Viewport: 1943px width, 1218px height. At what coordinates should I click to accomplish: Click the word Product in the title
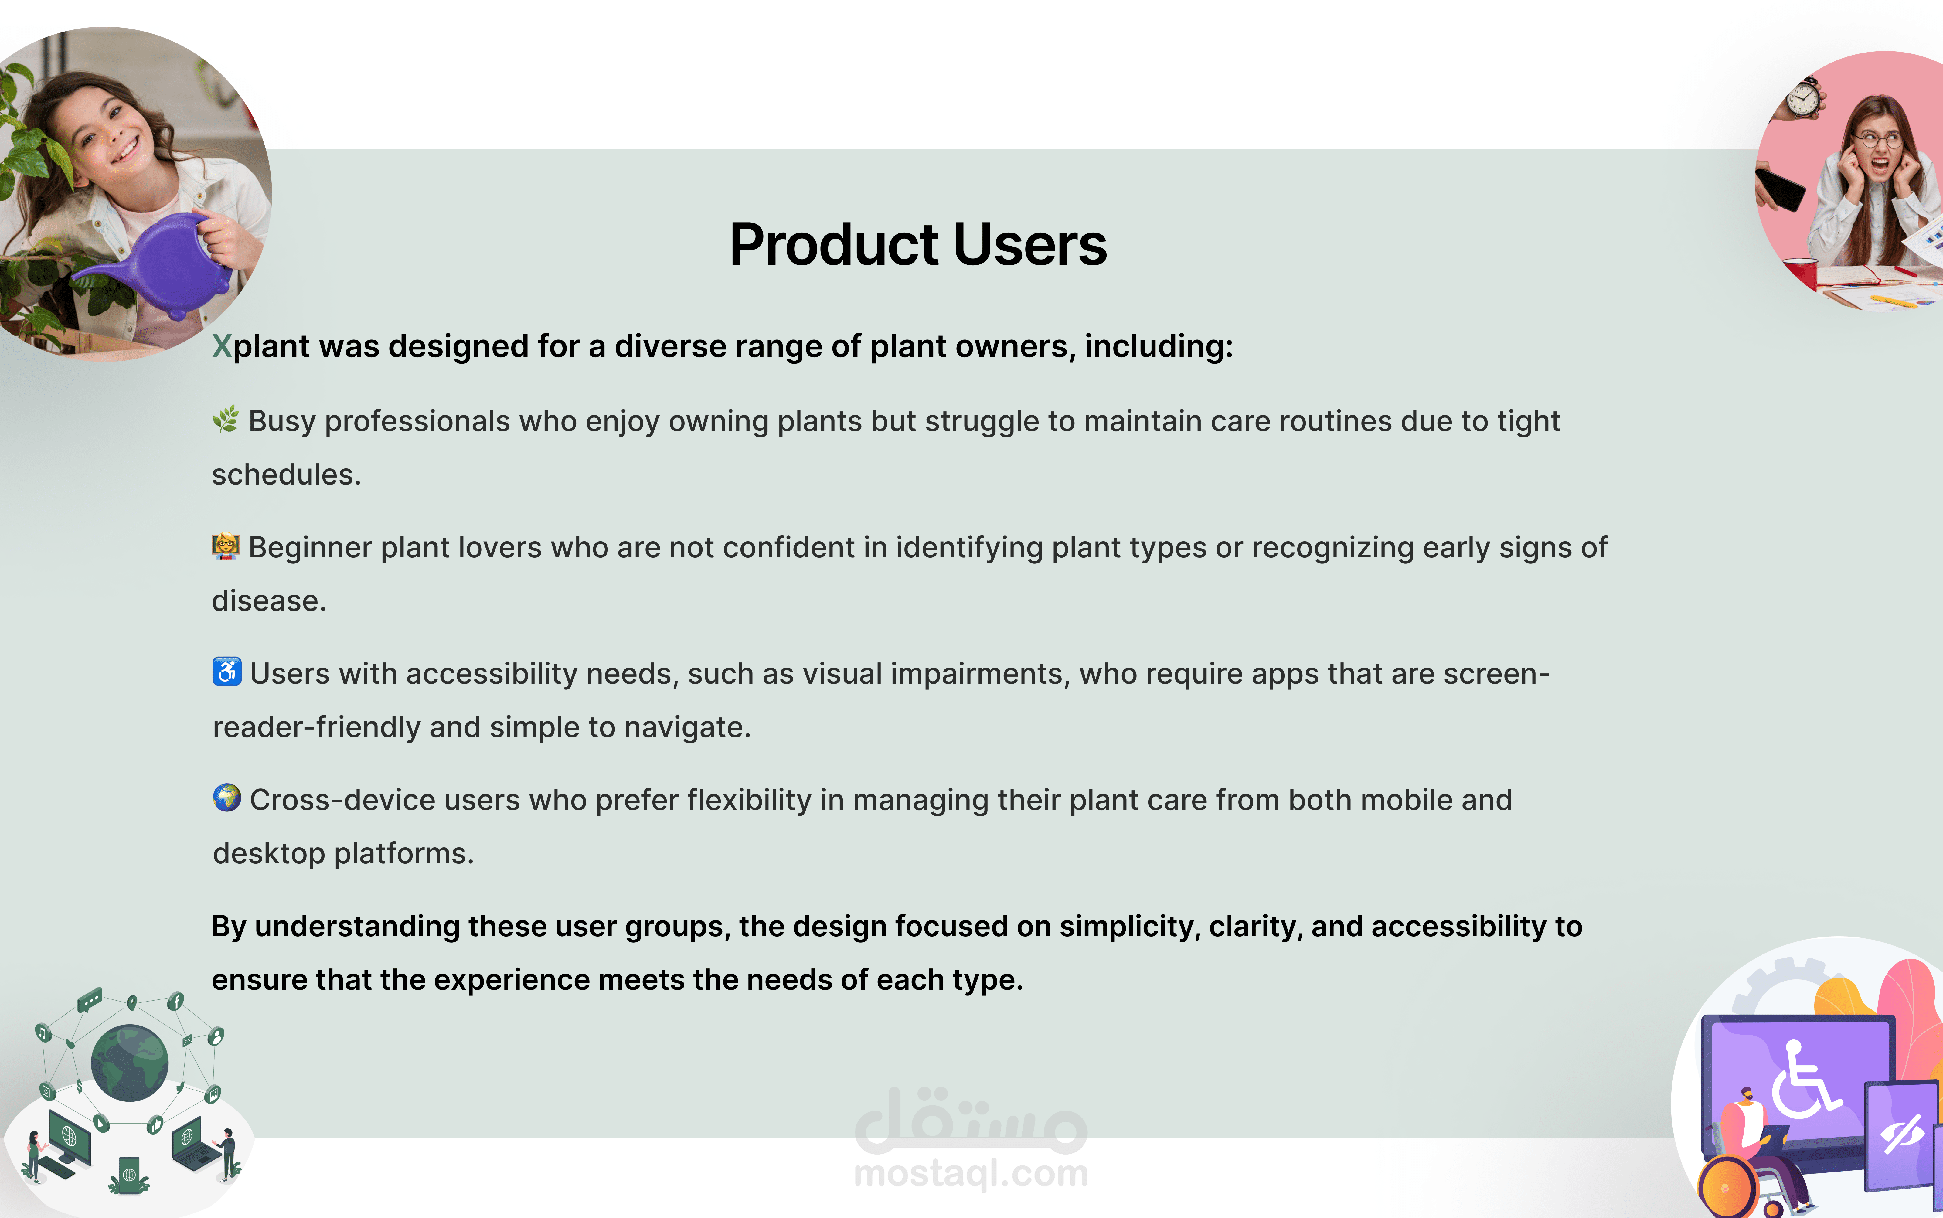834,245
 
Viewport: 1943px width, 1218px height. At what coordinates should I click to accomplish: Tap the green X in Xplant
222,346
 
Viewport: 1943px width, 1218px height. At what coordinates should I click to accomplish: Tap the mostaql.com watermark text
971,1173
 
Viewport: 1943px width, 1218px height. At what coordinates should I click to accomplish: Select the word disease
269,601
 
